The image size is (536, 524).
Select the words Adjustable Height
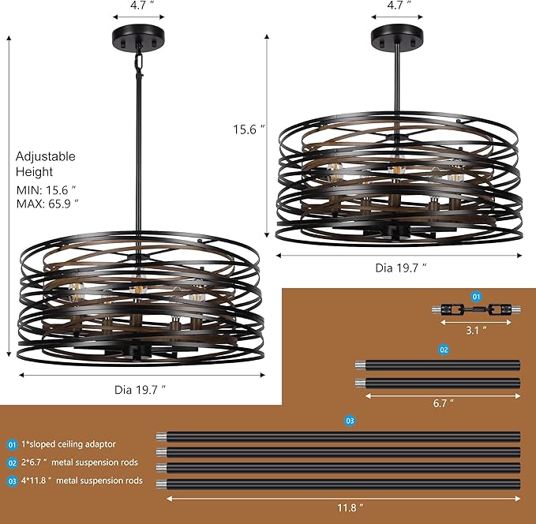coord(45,163)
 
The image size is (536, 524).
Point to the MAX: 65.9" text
coord(47,204)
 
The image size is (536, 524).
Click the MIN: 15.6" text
coord(47,190)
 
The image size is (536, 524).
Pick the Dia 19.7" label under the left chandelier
coord(141,389)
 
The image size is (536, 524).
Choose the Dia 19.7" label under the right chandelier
coord(400,268)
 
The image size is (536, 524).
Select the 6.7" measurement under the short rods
coord(444,403)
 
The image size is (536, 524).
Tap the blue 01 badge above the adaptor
coord(476,296)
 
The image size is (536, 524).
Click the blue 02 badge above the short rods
coord(444,349)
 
